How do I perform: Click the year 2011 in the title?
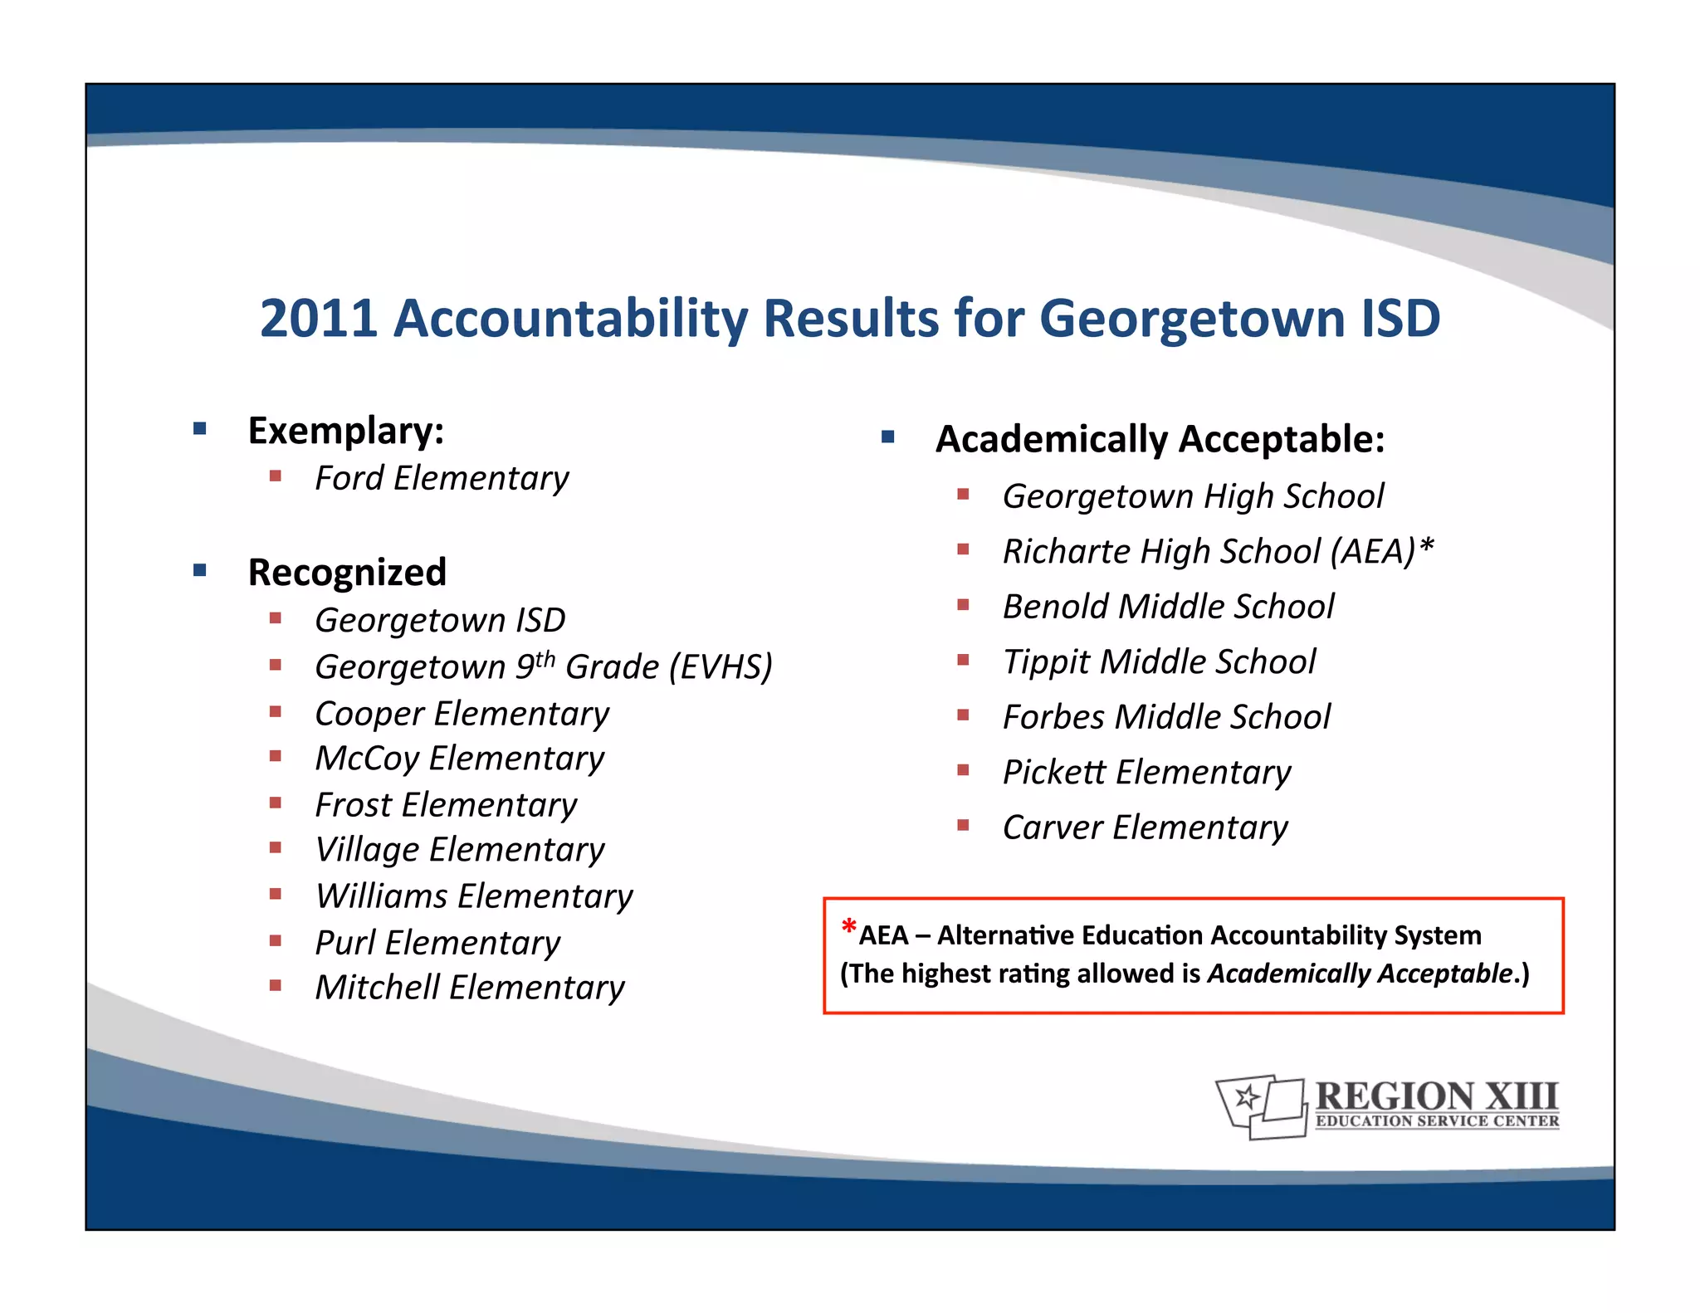[319, 318]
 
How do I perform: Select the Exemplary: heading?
[346, 431]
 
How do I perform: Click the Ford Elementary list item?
[442, 478]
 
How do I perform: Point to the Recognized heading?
[347, 573]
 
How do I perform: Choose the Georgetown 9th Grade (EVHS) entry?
[544, 666]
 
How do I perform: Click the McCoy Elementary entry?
[460, 759]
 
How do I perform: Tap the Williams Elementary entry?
[474, 896]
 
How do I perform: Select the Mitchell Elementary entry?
[470, 988]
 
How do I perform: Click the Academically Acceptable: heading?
[1160, 439]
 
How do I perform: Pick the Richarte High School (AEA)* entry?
[1218, 551]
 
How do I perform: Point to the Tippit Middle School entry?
[1159, 661]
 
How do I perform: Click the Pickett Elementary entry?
[1146, 773]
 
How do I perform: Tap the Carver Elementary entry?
[1145, 827]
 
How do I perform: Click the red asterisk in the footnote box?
[848, 925]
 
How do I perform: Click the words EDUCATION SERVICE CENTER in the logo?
[1437, 1121]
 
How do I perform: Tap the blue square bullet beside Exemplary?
[199, 429]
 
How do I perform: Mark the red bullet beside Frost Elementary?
[276, 803]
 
